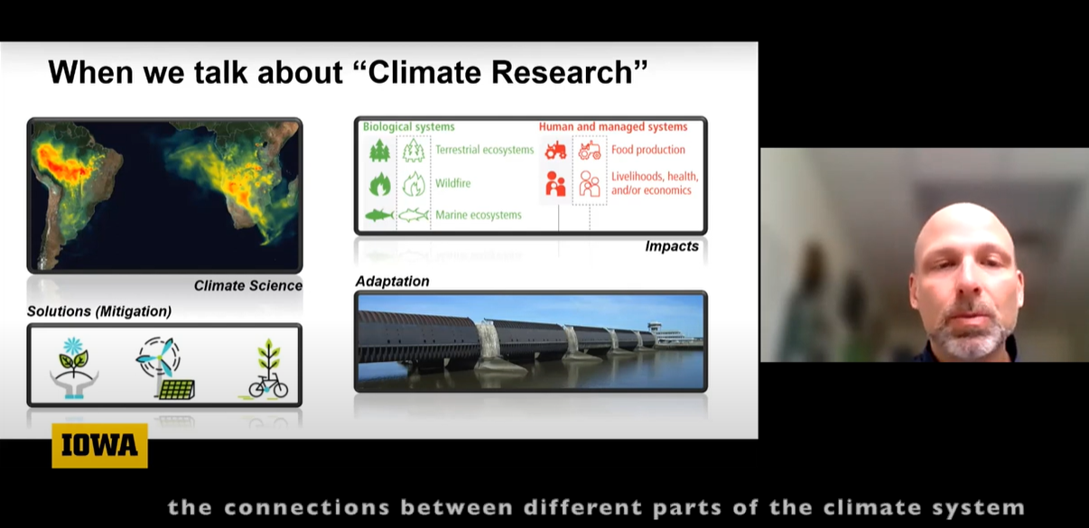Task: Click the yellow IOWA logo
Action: (99, 446)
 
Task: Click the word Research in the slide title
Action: (569, 72)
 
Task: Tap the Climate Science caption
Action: (248, 285)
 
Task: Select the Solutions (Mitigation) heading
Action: (99, 311)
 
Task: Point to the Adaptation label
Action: (392, 282)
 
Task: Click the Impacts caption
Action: (672, 246)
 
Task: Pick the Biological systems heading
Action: (408, 126)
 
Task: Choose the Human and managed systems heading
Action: (613, 126)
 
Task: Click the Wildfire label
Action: (452, 183)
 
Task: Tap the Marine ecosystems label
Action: (479, 215)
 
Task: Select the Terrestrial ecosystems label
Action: (484, 150)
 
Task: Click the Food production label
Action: (648, 150)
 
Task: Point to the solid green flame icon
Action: (379, 184)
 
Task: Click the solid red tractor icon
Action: (555, 151)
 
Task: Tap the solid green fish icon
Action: (378, 215)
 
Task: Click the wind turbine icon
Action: (159, 358)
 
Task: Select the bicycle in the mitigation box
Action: (268, 385)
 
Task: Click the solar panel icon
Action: (176, 390)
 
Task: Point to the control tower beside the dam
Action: (655, 333)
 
